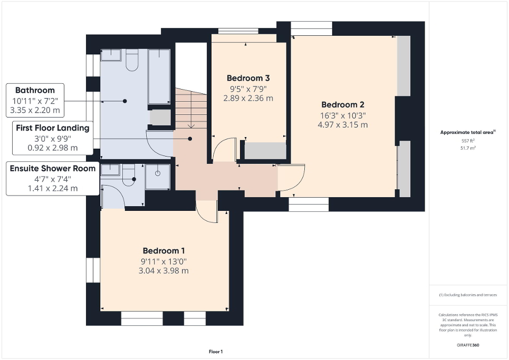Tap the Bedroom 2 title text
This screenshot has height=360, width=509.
tap(343, 104)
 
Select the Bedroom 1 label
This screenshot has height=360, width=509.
tap(164, 250)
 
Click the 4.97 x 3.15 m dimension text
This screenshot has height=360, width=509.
tap(343, 125)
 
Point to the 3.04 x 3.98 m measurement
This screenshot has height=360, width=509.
tap(164, 271)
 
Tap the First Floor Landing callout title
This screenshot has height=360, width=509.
tap(52, 128)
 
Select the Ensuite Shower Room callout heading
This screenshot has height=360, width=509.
tap(53, 168)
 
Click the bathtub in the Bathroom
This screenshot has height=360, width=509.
tap(159, 76)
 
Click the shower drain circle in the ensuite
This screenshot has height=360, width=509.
tap(158, 173)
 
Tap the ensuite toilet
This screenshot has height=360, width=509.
tap(129, 176)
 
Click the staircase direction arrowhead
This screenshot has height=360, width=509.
tap(190, 126)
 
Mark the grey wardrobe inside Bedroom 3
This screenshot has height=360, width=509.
tap(265, 151)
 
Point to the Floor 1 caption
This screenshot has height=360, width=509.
tap(215, 352)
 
